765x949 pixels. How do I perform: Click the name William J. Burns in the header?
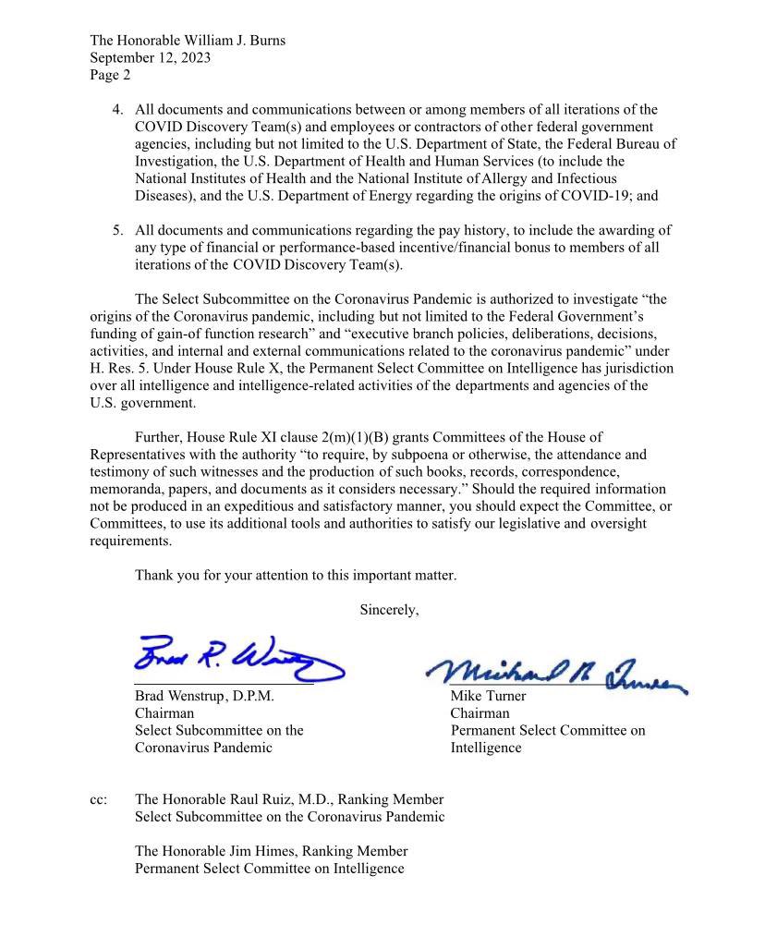pos(232,41)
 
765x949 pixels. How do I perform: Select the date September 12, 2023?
pos(150,57)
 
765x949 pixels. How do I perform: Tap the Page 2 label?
pos(110,75)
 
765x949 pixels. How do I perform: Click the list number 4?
pos(117,110)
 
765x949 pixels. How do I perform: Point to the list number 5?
pos(117,230)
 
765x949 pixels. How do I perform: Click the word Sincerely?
pos(389,610)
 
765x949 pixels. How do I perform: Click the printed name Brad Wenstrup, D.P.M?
pos(204,697)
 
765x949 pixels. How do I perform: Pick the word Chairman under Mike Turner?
pos(480,713)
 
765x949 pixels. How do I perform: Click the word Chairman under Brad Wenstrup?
pos(164,713)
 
